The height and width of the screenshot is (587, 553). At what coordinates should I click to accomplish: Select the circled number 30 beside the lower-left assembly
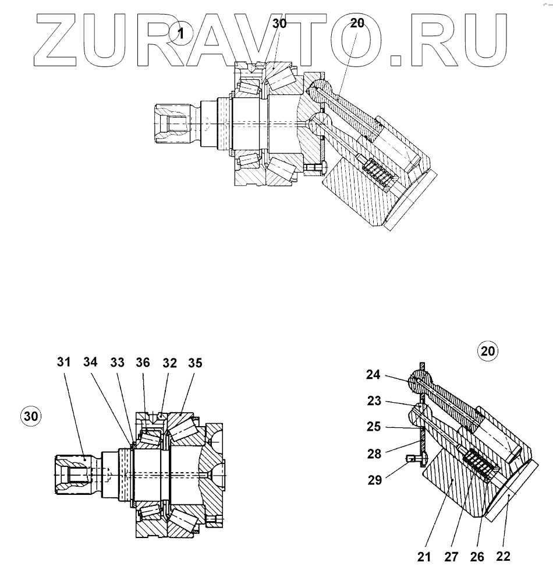point(31,416)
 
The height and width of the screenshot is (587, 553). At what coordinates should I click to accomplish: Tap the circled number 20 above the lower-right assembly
point(488,352)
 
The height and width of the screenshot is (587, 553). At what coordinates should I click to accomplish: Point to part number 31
point(63,362)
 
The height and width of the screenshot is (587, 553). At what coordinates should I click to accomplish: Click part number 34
point(90,362)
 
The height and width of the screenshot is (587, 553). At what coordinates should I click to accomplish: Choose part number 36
point(143,362)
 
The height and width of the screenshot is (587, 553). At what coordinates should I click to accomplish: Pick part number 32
point(169,362)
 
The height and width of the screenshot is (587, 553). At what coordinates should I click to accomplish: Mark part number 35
point(195,362)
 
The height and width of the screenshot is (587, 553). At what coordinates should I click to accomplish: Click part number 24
point(373,375)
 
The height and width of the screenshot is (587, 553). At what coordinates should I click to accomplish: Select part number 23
point(373,401)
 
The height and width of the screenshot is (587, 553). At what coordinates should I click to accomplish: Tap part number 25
point(373,427)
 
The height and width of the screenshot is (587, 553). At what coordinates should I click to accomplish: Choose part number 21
point(424,557)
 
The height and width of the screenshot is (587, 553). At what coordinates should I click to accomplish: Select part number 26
point(477,557)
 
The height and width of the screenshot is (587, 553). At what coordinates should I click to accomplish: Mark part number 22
point(503,556)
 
